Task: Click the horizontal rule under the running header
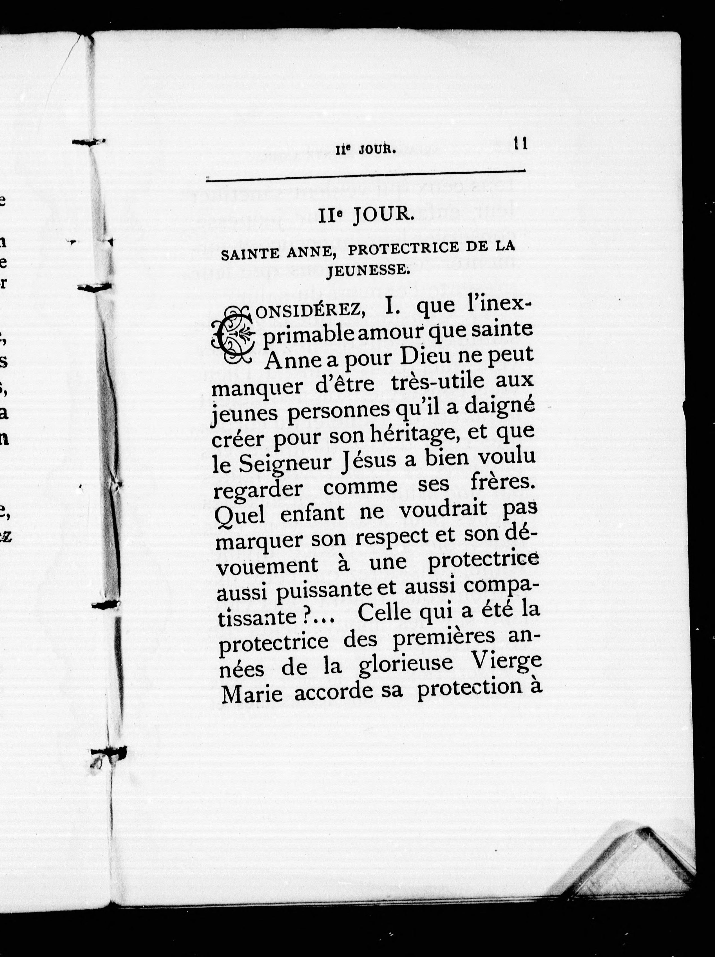click(x=366, y=174)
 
